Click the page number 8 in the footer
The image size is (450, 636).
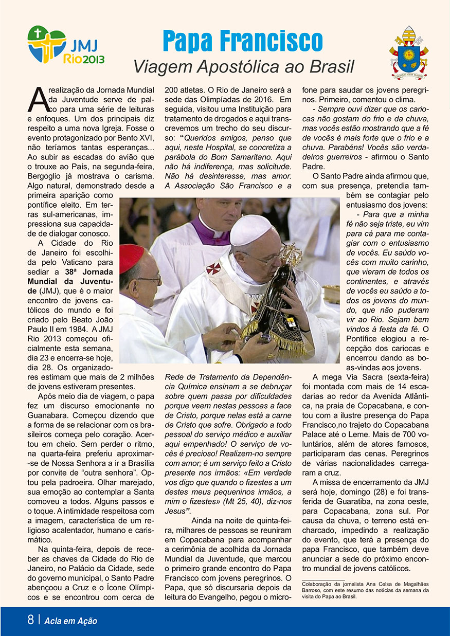tap(31, 620)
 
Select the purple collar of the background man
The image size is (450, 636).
tap(211, 235)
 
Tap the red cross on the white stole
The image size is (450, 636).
tap(213, 268)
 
